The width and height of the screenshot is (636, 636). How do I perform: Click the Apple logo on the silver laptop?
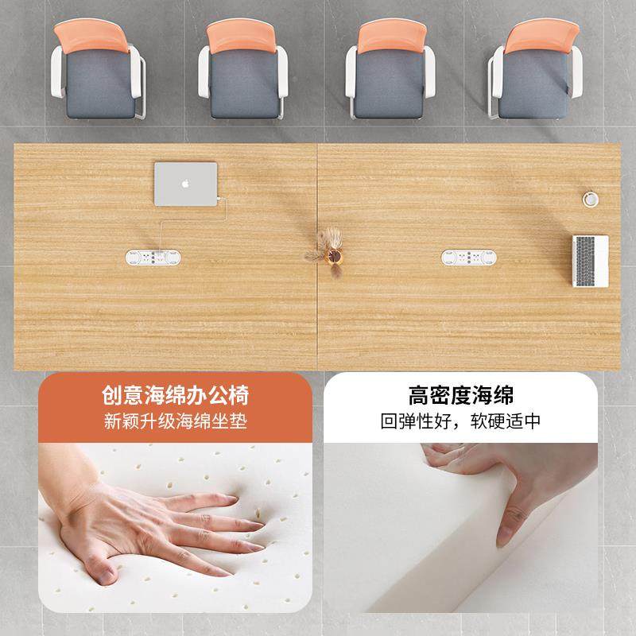(186, 183)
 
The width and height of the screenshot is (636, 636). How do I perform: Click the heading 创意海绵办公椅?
(175, 394)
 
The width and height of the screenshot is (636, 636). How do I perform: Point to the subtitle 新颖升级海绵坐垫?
(175, 421)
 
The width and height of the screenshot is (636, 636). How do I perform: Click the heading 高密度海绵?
(461, 394)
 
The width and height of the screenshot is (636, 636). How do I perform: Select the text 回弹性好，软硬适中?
(461, 421)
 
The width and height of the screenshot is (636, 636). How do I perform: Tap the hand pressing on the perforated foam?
(159, 525)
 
